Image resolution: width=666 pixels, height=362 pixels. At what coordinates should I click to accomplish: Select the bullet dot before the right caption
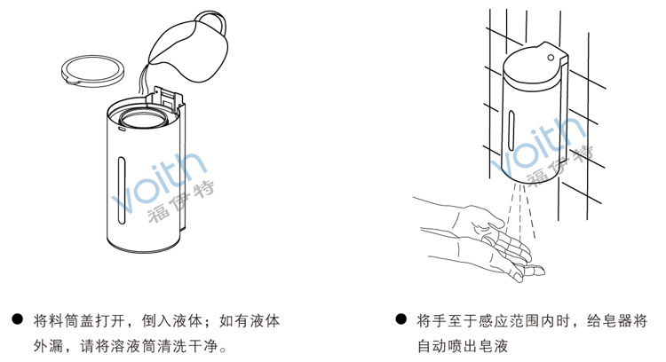click(401, 318)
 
